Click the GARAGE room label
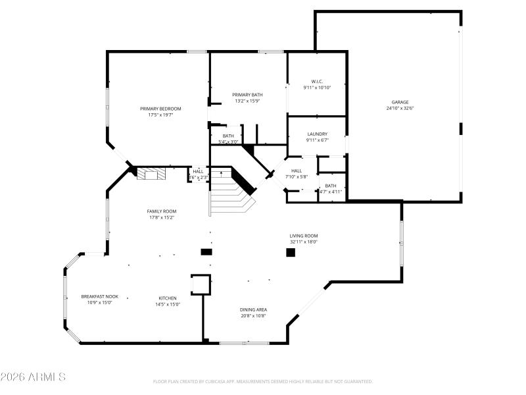[x=400, y=102]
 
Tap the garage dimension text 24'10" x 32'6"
[x=400, y=109]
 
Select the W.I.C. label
[x=317, y=81]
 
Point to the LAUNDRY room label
[x=317, y=134]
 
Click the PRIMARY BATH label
[x=247, y=95]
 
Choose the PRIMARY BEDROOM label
[x=160, y=109]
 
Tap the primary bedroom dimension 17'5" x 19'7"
[x=160, y=115]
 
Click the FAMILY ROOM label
[x=162, y=211]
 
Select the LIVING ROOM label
[x=304, y=236]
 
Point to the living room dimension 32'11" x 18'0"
[x=304, y=242]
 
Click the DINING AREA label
[x=253, y=309]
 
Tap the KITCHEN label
[x=167, y=298]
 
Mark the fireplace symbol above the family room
[x=152, y=174]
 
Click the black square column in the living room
[x=290, y=252]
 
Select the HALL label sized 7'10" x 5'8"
[x=297, y=171]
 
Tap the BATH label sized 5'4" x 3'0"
[x=228, y=136]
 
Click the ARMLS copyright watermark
[x=33, y=377]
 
